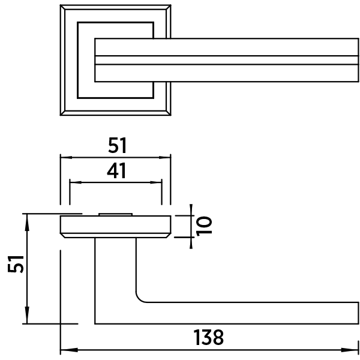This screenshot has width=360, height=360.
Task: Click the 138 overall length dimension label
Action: pos(208,337)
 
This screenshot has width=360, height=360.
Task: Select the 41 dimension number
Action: pos(116,170)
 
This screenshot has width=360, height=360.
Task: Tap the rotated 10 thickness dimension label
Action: pos(204,226)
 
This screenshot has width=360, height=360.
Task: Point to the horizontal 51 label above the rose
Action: pos(118,145)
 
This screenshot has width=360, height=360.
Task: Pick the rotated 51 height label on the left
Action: pos(16,264)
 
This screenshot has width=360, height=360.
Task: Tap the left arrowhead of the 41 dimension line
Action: pos(76,182)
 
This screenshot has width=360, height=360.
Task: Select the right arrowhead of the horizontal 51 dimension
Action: pos(164,157)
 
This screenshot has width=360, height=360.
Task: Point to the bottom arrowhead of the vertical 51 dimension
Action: pos(27,315)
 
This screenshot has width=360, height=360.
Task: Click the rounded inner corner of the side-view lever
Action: pos(140,298)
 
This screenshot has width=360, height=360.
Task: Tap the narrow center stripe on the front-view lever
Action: pos(227,60)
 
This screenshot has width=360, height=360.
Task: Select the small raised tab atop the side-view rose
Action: pos(115,214)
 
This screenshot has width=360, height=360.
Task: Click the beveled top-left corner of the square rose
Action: pos(62,7)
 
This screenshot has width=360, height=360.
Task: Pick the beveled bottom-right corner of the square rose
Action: pos(168,113)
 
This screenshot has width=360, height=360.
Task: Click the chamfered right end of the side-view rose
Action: pos(169,235)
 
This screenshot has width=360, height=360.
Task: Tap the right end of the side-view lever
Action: pos(358,313)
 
